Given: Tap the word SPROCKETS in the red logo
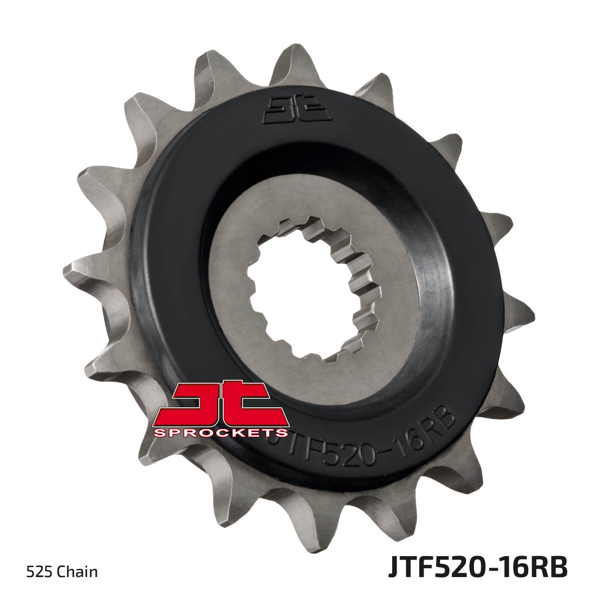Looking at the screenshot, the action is (x=221, y=433).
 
